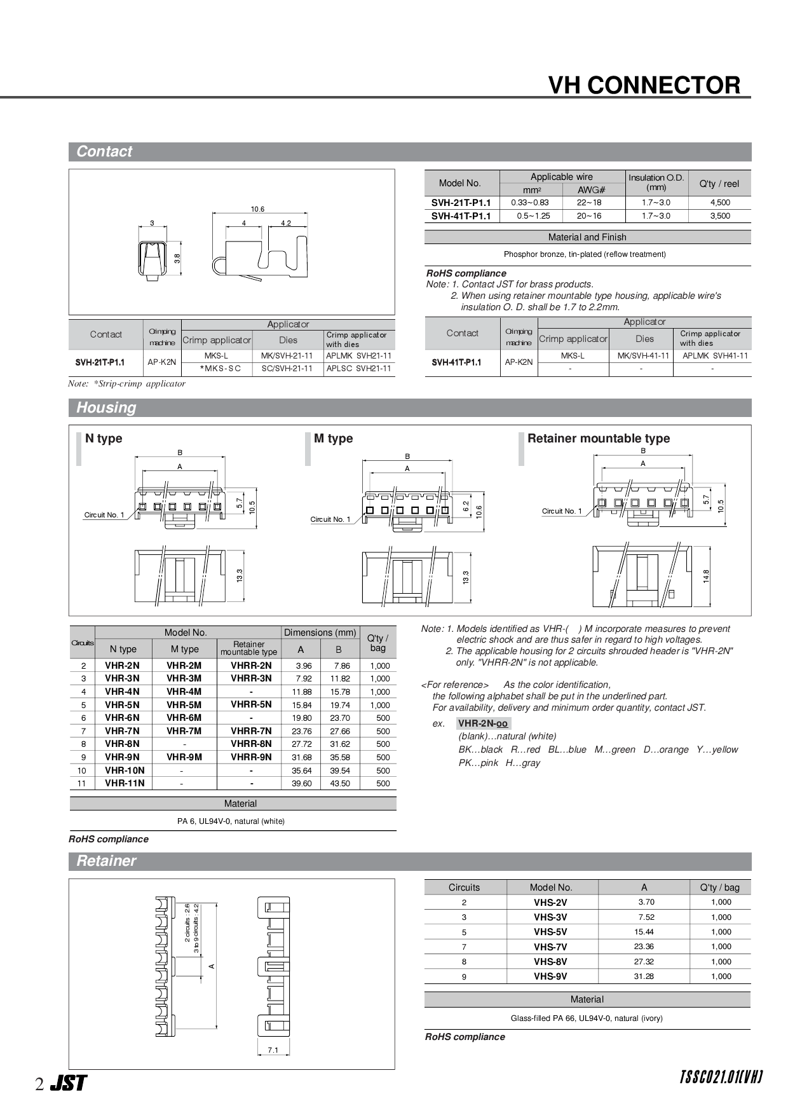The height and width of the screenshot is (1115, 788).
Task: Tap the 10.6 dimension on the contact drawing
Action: (257, 209)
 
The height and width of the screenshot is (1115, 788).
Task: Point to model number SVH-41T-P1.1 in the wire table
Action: (461, 216)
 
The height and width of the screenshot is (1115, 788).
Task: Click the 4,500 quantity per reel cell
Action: (719, 203)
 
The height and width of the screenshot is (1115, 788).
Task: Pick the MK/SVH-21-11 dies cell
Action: (287, 356)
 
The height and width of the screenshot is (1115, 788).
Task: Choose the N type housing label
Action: (104, 439)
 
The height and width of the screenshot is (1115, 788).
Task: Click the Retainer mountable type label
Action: (598, 439)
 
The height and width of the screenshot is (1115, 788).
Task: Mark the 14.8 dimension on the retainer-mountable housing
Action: (706, 576)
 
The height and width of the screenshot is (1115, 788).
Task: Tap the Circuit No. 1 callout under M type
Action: (330, 519)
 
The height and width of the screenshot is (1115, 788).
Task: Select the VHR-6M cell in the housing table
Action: (184, 718)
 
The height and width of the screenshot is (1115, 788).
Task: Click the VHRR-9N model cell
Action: (251, 757)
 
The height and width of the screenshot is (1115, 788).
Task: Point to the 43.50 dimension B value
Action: (340, 784)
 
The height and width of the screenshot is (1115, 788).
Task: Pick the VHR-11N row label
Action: (125, 784)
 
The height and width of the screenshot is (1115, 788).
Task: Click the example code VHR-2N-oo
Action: (483, 723)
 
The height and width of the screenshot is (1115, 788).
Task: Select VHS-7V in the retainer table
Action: (550, 947)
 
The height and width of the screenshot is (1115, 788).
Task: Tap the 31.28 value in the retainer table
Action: (644, 976)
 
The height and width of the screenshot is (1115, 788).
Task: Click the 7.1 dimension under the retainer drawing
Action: (273, 1050)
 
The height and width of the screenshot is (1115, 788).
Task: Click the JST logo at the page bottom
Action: (68, 1084)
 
